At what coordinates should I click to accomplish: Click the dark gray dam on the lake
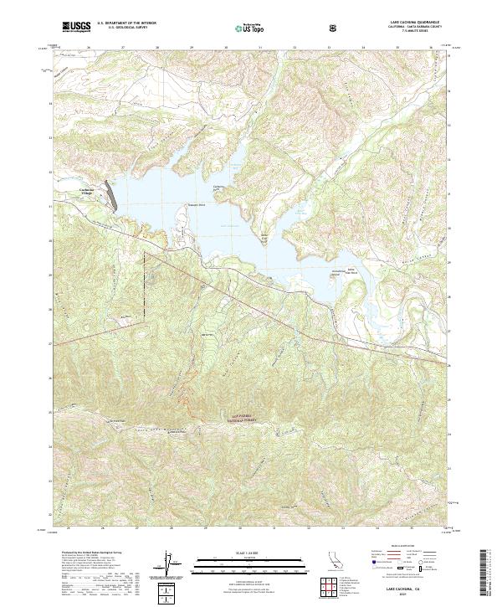point(110,193)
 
